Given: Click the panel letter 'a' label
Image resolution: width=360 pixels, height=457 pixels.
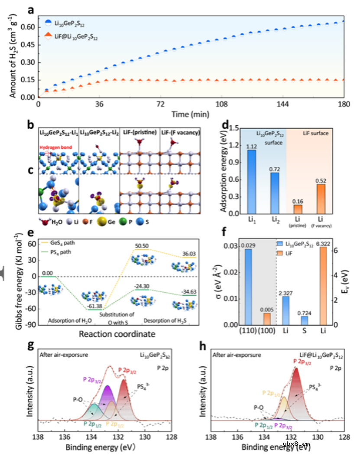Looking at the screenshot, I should pyautogui.click(x=31, y=9).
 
